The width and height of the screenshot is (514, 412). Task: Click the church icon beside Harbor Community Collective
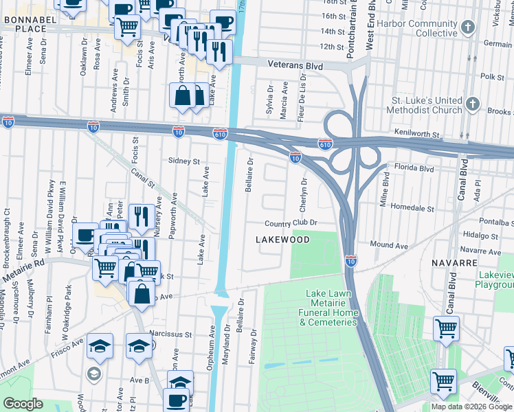[468, 27]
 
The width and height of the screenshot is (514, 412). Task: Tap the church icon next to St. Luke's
[472, 104]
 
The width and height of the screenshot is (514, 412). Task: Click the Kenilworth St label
[416, 132]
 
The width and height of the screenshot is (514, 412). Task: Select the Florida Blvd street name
[414, 168]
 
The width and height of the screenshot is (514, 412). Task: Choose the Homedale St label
[412, 207]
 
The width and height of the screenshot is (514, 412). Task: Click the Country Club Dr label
[291, 223]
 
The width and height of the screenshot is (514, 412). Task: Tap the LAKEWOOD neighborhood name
[282, 240]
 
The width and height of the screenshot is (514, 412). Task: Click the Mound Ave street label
[389, 245]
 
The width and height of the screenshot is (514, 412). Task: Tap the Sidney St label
[183, 161]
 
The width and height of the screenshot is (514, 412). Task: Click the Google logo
[23, 404]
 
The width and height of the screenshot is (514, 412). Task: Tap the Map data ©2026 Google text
[471, 407]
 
